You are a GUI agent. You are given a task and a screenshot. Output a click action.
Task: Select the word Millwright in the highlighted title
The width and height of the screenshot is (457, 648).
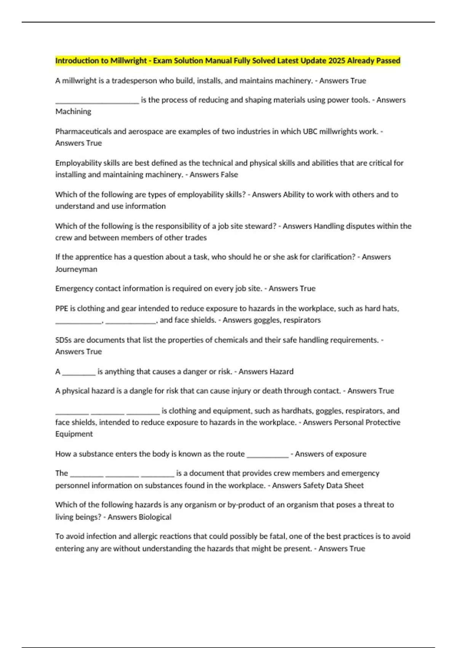(128, 61)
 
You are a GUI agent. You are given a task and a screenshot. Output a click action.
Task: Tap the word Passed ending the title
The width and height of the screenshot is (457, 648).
(388, 61)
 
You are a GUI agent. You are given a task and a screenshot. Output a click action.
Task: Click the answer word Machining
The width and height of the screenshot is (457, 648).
(73, 111)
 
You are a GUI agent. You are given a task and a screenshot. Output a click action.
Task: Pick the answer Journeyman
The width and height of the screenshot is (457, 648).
(76, 269)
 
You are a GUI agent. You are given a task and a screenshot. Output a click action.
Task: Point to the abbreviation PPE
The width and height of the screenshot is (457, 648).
(61, 308)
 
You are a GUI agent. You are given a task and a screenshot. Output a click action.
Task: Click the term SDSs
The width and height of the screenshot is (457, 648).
(64, 340)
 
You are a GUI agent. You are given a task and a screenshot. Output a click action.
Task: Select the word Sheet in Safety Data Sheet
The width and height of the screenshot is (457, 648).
(355, 485)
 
